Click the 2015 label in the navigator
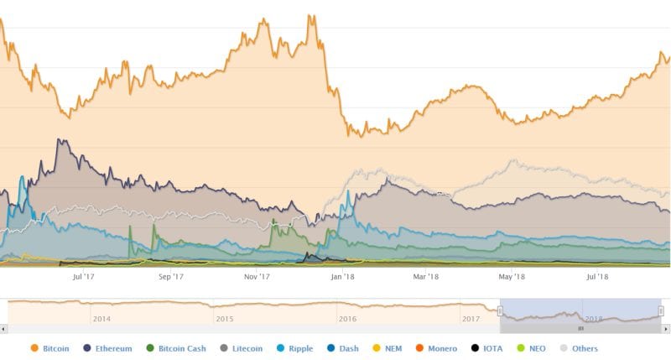[x=224, y=319]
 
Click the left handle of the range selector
[x=500, y=310]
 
